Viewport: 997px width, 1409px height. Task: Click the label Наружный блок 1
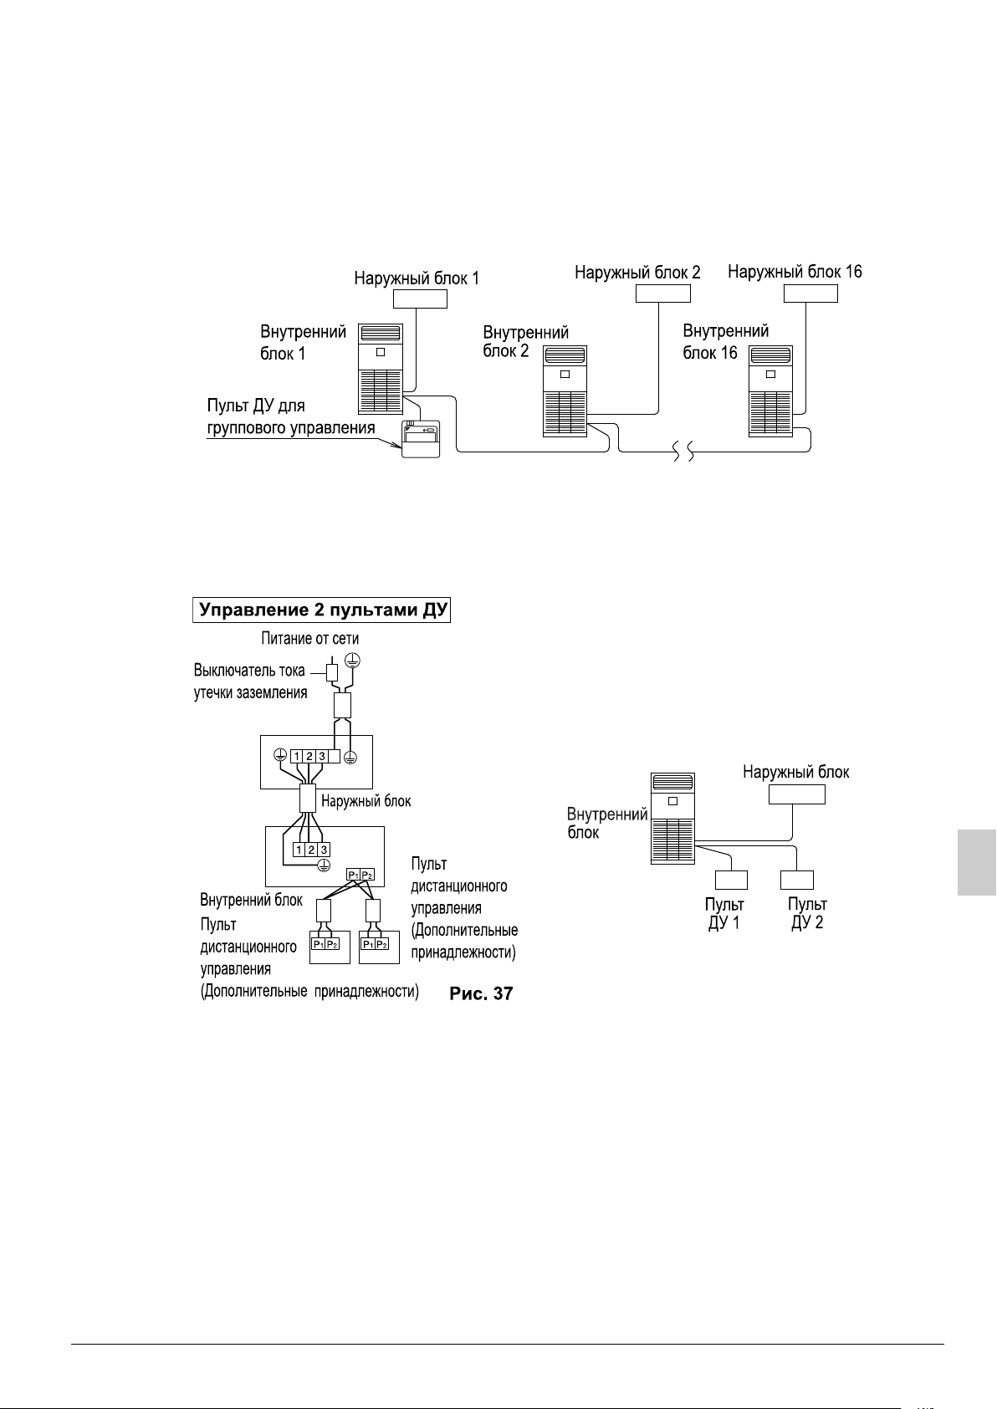[417, 278]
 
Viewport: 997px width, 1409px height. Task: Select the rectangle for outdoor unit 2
[662, 294]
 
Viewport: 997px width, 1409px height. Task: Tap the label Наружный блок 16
[795, 272]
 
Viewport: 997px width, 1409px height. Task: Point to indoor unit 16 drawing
[770, 391]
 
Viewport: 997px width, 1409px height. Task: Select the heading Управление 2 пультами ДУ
[323, 610]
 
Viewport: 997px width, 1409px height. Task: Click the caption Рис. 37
[481, 993]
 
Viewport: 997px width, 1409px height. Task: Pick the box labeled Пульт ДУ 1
[731, 880]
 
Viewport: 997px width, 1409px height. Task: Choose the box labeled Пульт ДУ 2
[796, 880]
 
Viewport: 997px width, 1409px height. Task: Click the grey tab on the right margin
[976, 862]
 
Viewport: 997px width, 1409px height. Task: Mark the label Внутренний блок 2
[525, 341]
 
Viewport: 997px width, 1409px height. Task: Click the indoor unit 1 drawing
[381, 368]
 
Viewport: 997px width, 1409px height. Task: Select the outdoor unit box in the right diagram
[796, 794]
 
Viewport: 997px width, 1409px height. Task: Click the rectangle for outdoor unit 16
[810, 294]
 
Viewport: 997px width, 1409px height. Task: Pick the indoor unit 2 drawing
[565, 391]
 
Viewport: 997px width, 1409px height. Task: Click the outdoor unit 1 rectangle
[420, 299]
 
